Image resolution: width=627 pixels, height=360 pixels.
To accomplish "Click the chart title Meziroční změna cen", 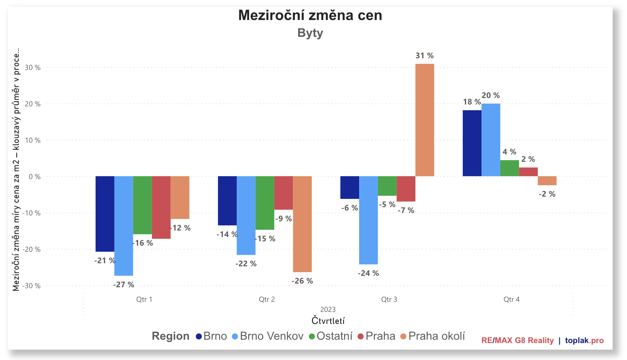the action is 310,15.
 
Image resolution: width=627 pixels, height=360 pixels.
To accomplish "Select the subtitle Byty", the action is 310,33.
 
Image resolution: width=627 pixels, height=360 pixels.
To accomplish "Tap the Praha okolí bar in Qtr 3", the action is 424,120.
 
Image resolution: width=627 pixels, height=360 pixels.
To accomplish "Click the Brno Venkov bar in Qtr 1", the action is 124,226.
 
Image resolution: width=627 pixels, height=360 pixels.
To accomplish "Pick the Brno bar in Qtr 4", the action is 472,143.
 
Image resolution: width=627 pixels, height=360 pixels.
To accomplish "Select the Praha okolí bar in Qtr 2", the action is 302,224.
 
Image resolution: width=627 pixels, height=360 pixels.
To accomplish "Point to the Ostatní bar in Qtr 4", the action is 510,168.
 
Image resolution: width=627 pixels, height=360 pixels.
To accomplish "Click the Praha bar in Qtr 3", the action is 406,189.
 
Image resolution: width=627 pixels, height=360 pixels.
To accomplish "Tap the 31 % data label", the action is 424,56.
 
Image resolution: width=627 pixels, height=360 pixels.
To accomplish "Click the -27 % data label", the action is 124,285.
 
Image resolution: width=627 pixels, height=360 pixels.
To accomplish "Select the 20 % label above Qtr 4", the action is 491,96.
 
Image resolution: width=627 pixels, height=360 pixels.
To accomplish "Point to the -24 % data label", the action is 368,273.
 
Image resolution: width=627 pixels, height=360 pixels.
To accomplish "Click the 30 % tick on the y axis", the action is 33,67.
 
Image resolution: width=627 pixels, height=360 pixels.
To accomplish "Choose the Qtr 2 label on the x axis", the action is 267,299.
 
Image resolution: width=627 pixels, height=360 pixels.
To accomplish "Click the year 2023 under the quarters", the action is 328,309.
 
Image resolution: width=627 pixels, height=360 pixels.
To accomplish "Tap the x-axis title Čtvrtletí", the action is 328,321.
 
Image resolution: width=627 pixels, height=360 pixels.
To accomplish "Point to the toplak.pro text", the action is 584,341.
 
